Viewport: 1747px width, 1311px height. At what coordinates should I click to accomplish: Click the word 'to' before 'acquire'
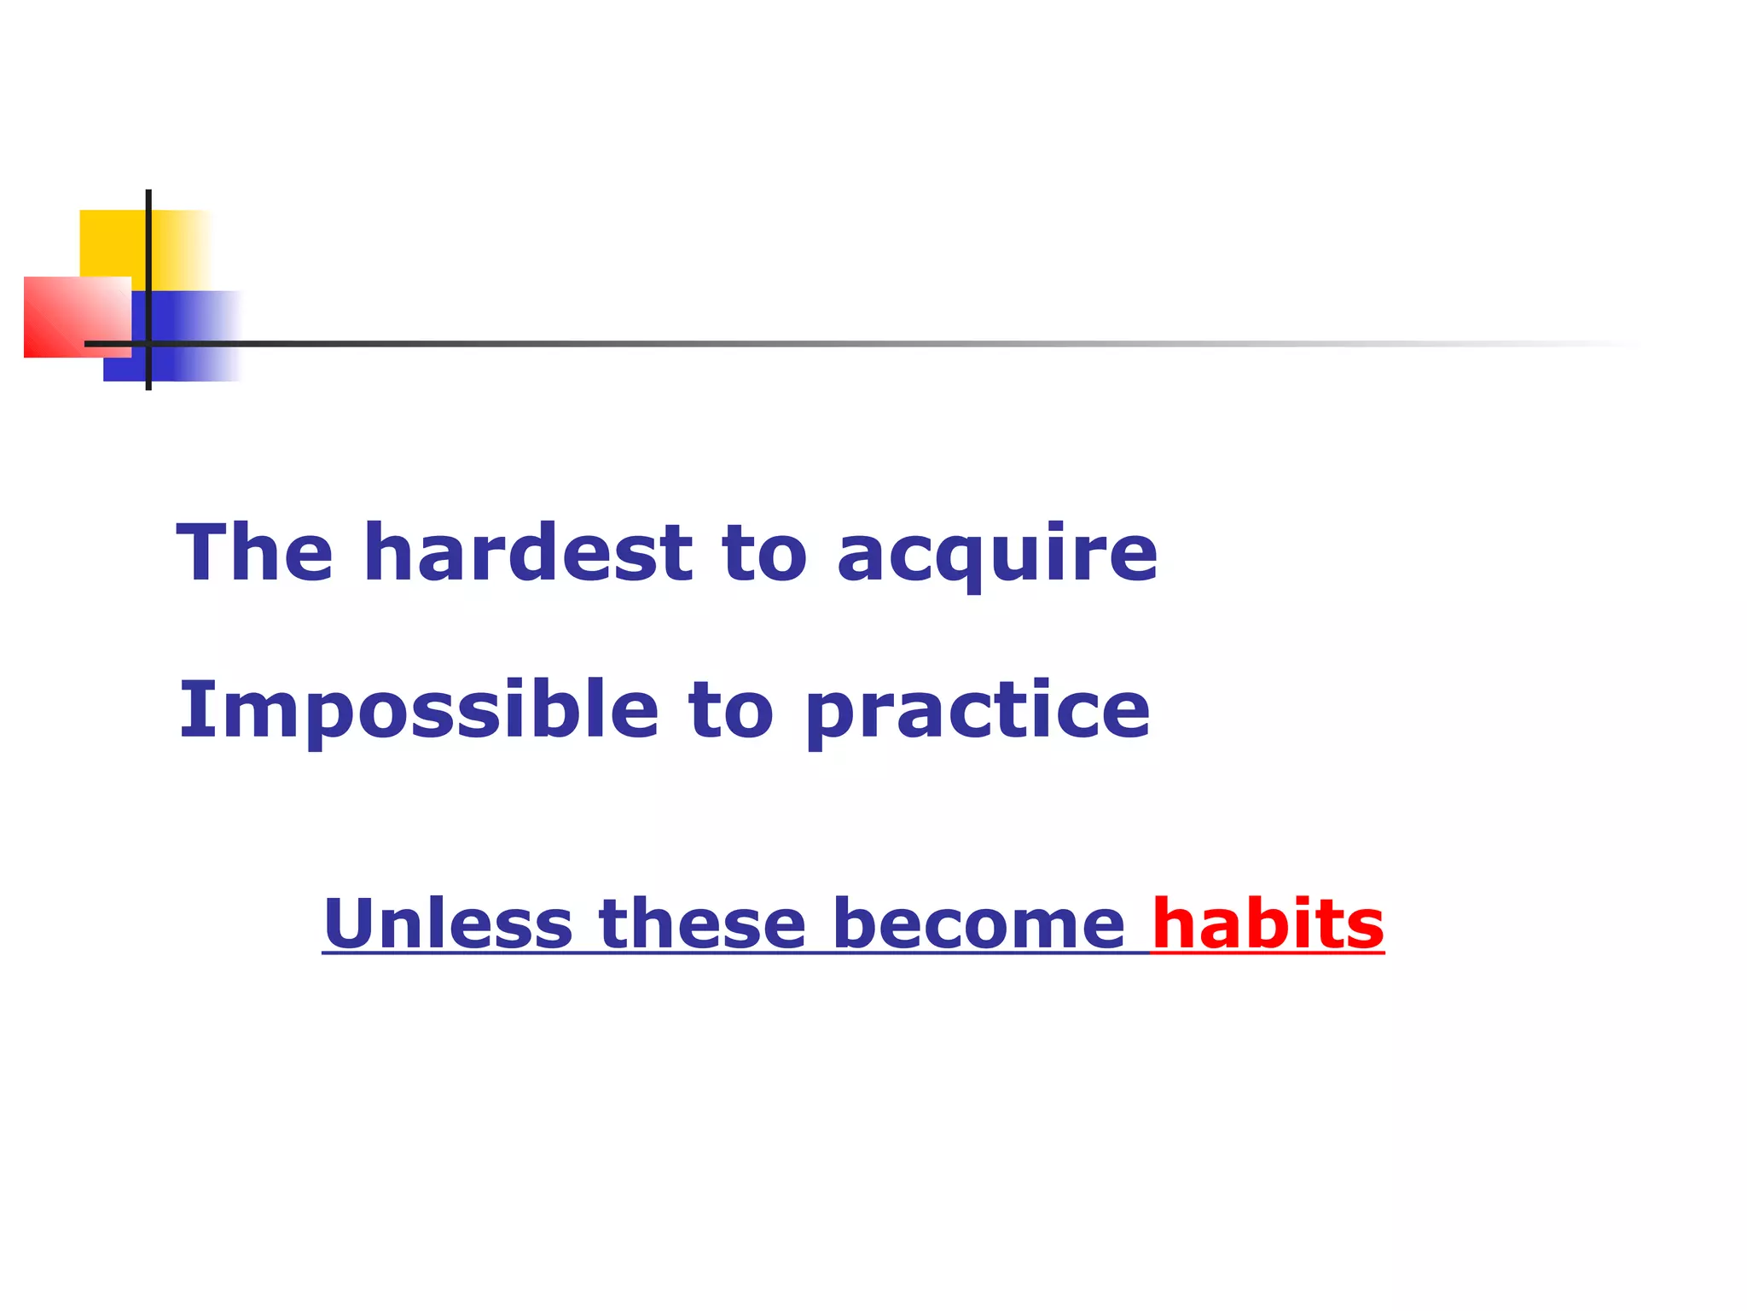click(x=763, y=555)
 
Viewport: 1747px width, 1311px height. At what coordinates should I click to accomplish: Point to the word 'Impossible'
click(x=418, y=711)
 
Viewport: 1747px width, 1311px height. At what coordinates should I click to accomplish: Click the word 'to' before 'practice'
click(x=731, y=711)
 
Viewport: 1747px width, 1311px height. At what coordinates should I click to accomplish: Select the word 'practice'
click(x=978, y=713)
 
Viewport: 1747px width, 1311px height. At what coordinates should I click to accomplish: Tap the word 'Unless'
click(x=448, y=924)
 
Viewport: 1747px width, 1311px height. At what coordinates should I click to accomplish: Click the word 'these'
click(x=702, y=924)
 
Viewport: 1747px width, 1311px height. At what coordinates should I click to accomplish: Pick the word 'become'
click(x=978, y=924)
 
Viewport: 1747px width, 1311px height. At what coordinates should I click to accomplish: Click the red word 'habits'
click(x=1268, y=924)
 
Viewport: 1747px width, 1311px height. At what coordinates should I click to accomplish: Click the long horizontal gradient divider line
click(x=853, y=344)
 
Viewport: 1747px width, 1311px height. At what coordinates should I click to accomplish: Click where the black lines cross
click(x=148, y=344)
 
